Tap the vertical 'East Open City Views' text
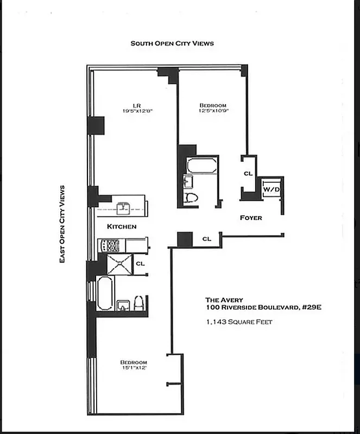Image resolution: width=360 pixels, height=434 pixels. point(62,224)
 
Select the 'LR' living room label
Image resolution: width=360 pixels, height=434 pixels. point(138,105)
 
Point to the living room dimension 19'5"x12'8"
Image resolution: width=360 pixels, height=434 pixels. point(138,111)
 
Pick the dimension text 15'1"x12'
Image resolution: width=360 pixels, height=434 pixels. point(134,368)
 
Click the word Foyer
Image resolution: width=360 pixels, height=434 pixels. point(251,218)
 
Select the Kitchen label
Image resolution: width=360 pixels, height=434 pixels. point(121,226)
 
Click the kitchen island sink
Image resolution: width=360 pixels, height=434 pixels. point(124,206)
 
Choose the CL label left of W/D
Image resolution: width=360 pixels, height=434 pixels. point(248,174)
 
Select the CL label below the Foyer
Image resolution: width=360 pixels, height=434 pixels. point(206,239)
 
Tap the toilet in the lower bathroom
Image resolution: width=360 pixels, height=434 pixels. point(139,303)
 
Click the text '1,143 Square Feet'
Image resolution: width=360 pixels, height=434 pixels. point(238,322)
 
